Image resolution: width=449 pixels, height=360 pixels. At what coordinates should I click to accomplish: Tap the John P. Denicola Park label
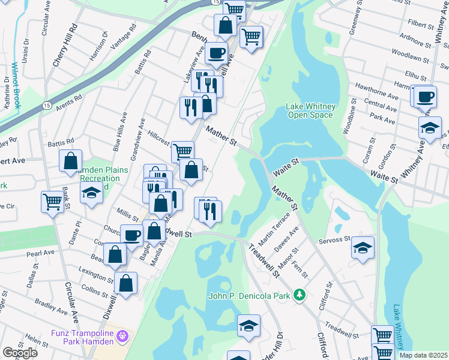pos(249,296)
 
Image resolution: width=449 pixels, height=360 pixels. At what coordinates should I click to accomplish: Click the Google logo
pos(20,353)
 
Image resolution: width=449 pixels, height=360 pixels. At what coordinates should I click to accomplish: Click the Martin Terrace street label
pos(273,226)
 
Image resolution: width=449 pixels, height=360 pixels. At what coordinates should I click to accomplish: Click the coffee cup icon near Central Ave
pos(426,96)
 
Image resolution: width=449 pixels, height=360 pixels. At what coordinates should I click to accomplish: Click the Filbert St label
pos(420,26)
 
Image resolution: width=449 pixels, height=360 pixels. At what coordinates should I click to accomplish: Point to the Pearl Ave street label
pos(40,254)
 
